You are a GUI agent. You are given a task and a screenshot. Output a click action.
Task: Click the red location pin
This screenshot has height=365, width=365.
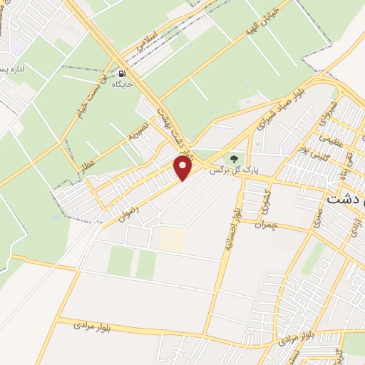click(x=183, y=168)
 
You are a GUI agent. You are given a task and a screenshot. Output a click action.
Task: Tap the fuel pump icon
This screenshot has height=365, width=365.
click(x=123, y=73)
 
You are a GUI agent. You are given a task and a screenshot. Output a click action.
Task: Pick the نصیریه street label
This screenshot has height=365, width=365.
click(x=138, y=129)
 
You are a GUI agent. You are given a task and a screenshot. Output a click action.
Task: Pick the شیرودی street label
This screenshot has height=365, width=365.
click(x=329, y=108)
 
